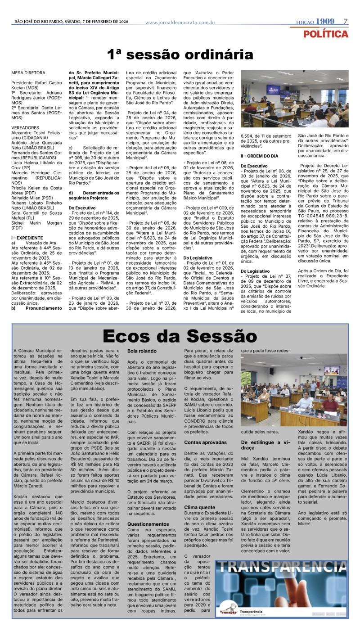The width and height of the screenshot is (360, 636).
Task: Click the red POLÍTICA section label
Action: [x=325, y=34]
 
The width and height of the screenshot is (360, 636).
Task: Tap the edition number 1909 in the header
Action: [x=325, y=22]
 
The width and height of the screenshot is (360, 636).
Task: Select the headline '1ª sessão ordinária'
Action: [x=180, y=54]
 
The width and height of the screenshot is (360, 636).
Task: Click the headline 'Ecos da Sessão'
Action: [x=180, y=336]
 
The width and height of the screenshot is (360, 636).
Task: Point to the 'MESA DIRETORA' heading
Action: [x=28, y=72]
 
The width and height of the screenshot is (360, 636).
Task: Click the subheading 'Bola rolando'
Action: [x=142, y=351]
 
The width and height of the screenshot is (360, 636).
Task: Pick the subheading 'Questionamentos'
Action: [x=148, y=524]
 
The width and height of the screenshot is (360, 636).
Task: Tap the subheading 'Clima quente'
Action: [x=199, y=507]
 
